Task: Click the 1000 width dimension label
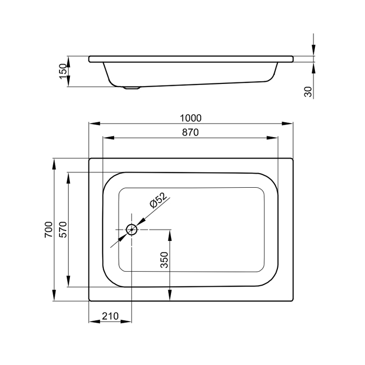pyautogui.click(x=191, y=118)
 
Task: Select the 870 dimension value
pyautogui.click(x=190, y=132)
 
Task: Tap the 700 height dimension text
pyautogui.click(x=48, y=229)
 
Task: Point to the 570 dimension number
pyautogui.click(x=63, y=229)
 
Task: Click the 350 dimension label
pyautogui.click(x=164, y=260)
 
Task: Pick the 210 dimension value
pyautogui.click(x=111, y=316)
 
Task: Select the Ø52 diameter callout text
pyautogui.click(x=159, y=200)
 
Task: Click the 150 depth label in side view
pyautogui.click(x=63, y=71)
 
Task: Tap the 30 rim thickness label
pyautogui.click(x=308, y=92)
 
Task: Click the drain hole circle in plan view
pyautogui.click(x=131, y=230)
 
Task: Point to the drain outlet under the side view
pyautogui.click(x=132, y=88)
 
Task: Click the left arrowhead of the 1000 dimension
pyautogui.click(x=94, y=124)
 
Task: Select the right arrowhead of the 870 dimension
pyautogui.click(x=272, y=138)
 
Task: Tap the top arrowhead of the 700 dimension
pyautogui.click(x=54, y=164)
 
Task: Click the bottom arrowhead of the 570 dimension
pyautogui.click(x=68, y=281)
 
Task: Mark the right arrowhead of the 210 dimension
pyautogui.click(x=126, y=322)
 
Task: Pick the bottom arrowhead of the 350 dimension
pyautogui.click(x=170, y=295)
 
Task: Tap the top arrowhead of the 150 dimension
pyautogui.click(x=68, y=62)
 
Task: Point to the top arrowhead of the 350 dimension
pyautogui.click(x=170, y=235)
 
